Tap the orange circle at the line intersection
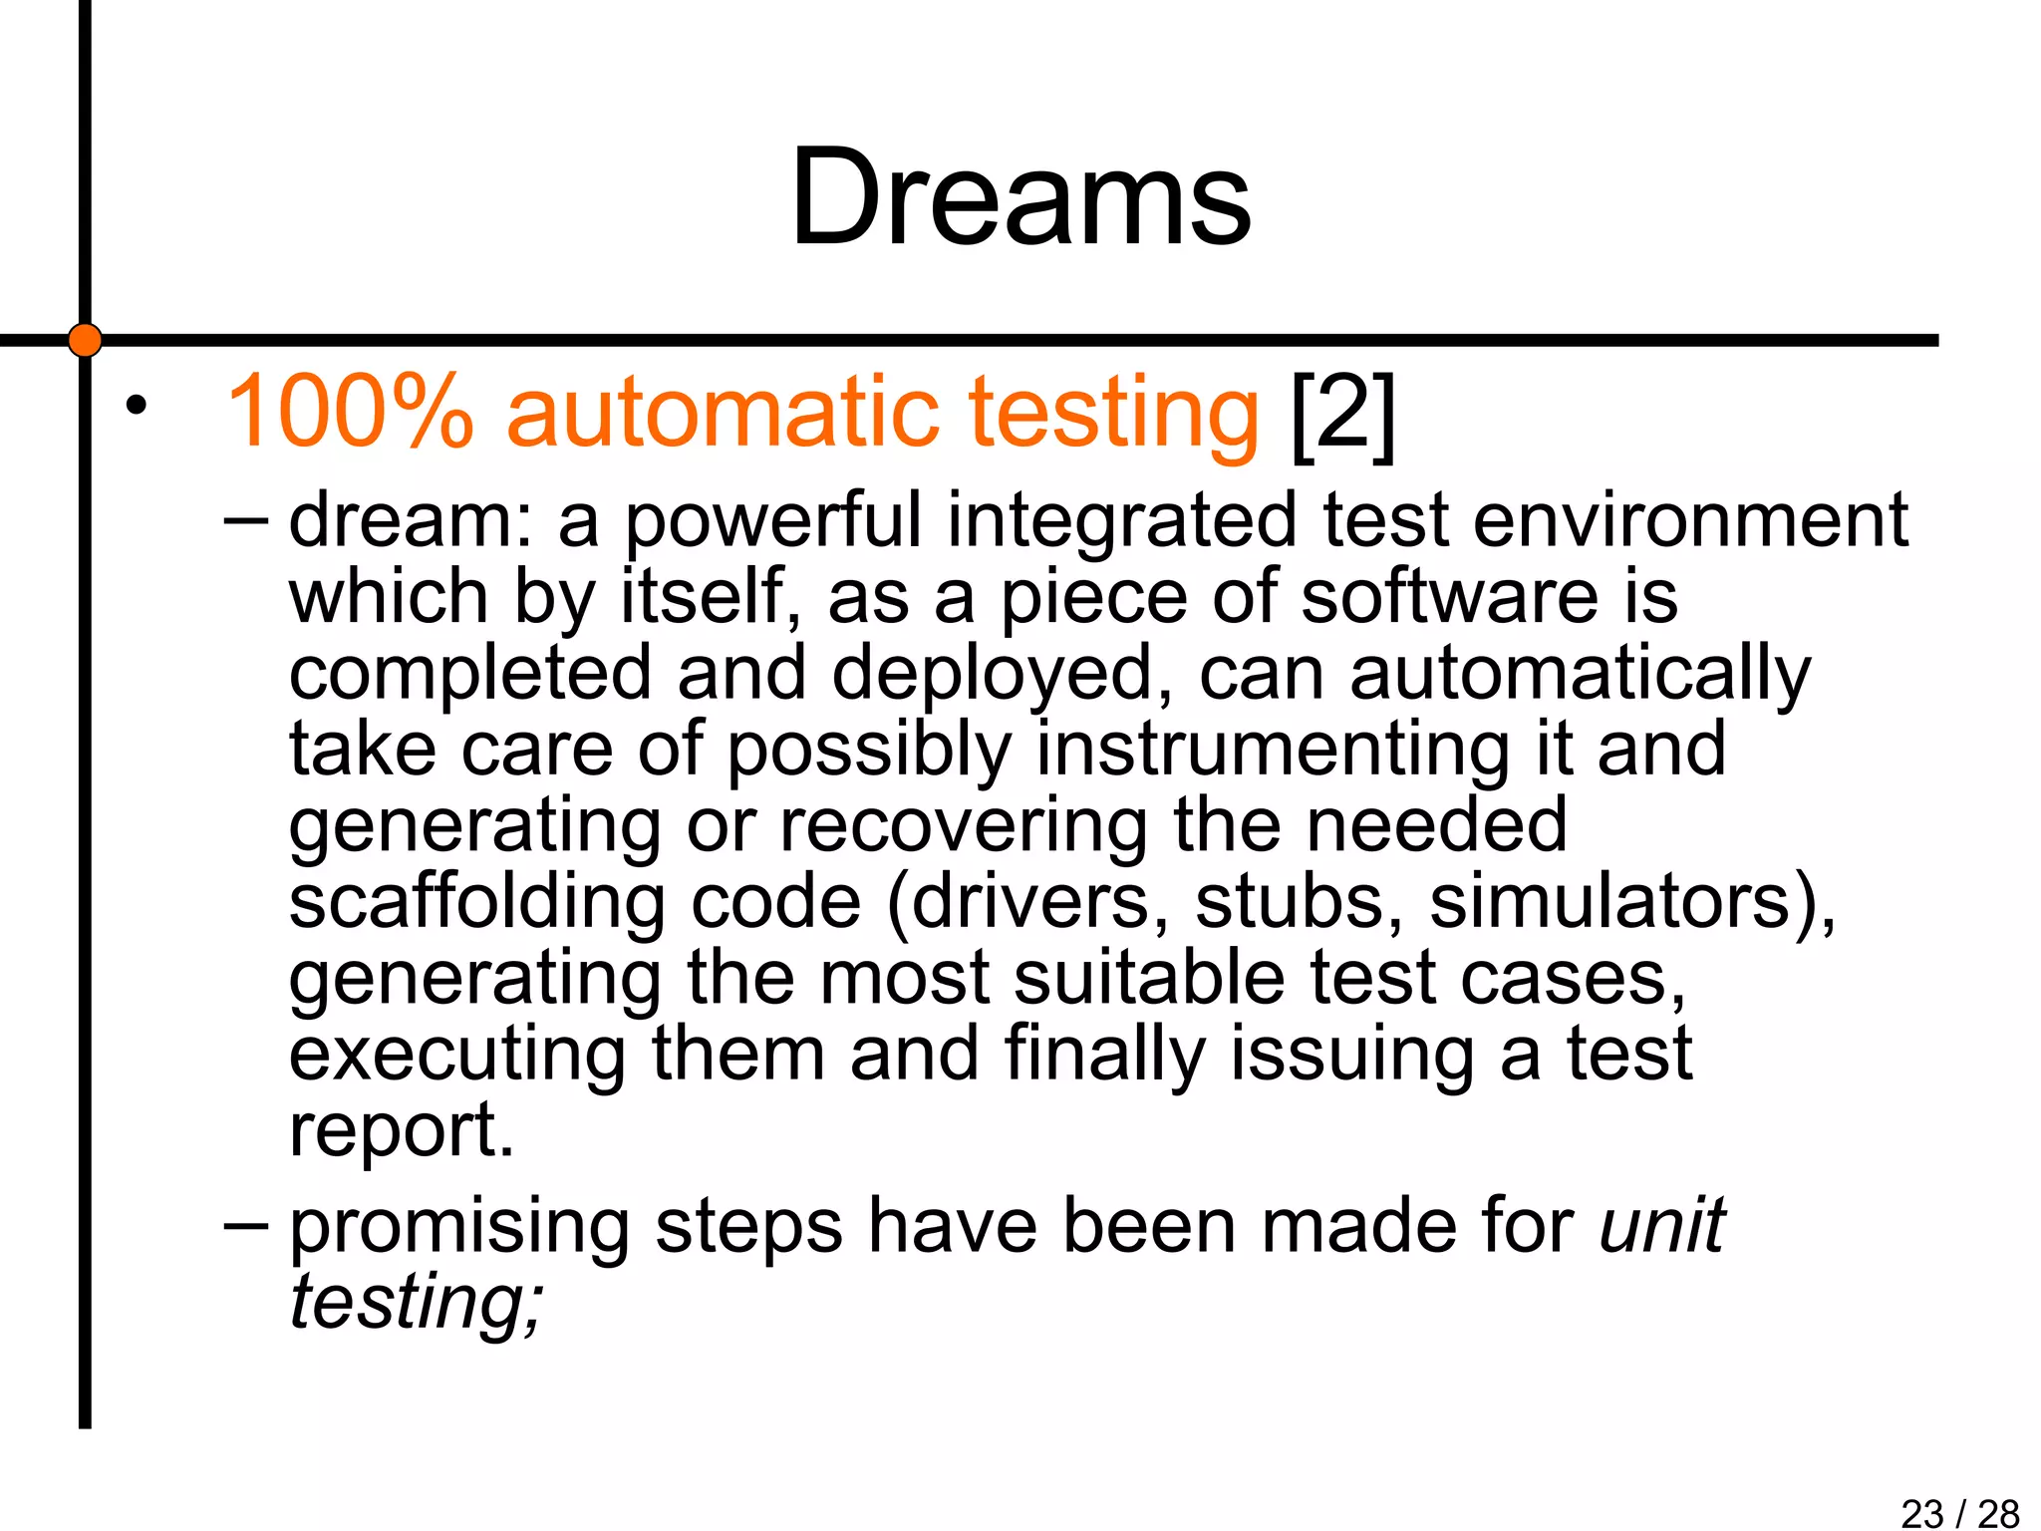coord(86,340)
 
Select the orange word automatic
coord(723,412)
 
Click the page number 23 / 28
coord(1959,1513)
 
